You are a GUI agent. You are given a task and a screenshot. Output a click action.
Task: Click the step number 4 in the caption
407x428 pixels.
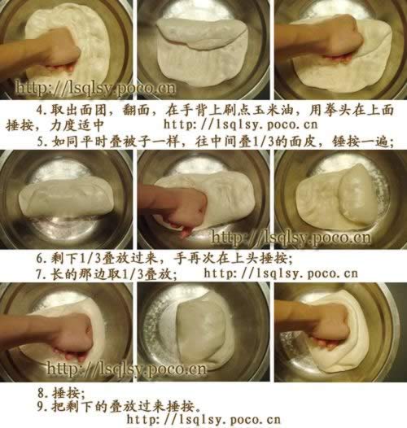click(x=40, y=111)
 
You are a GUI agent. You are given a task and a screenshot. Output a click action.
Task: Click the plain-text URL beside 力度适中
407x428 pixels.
click(x=241, y=124)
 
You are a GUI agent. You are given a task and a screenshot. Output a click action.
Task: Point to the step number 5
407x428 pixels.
click(x=41, y=142)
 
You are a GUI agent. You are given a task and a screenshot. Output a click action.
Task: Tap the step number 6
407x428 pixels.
click(x=40, y=259)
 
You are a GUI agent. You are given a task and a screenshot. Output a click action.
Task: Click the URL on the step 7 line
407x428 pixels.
click(x=281, y=273)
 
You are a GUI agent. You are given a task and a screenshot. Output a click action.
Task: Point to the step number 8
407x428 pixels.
click(x=41, y=393)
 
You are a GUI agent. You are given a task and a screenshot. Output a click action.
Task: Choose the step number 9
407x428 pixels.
click(x=41, y=407)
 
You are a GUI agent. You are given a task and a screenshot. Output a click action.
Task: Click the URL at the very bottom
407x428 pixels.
click(x=203, y=420)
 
